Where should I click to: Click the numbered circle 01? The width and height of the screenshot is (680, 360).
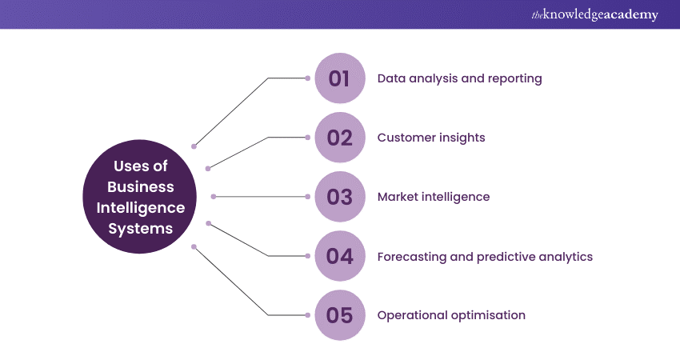340,78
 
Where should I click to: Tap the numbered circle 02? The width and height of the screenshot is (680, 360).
340,138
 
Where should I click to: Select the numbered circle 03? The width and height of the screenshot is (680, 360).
340,197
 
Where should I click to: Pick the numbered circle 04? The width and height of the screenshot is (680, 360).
340,256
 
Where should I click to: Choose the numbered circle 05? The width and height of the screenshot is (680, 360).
340,315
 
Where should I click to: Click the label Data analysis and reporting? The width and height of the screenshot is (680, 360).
459,78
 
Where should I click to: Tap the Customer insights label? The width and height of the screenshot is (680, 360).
431,138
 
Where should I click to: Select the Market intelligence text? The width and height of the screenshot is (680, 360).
434,197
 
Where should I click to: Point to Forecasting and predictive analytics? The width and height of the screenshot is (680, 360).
485,257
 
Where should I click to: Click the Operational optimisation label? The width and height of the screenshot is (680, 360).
451,315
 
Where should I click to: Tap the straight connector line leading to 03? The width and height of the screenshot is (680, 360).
260,197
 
